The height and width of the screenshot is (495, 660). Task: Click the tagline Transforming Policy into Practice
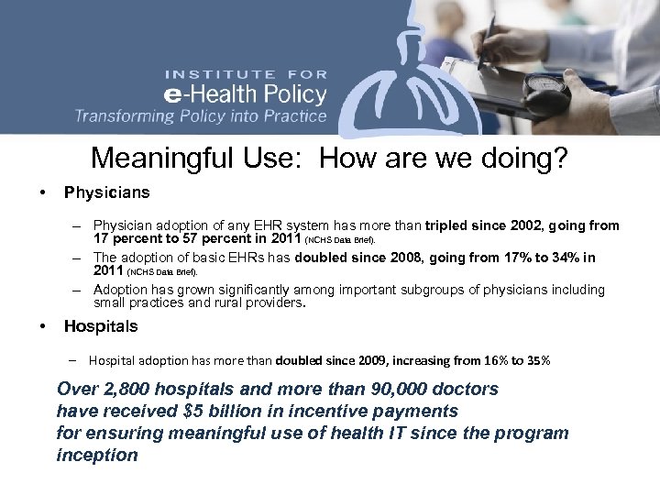click(201, 116)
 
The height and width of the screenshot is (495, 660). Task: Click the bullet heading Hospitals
click(101, 325)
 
